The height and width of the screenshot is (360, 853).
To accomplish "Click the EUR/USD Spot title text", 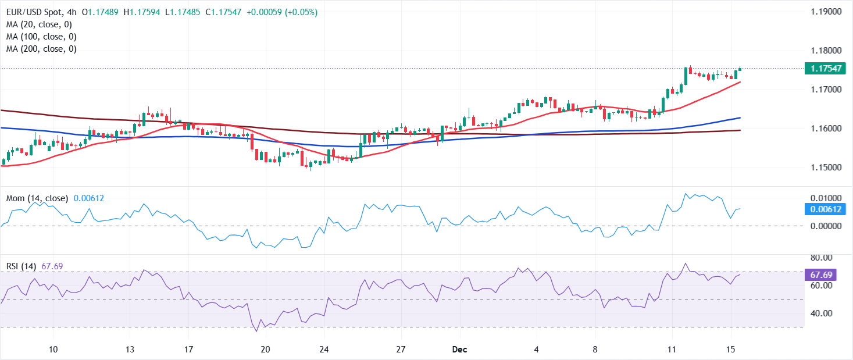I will point(30,12).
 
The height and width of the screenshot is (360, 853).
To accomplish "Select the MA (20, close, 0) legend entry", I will point(40,24).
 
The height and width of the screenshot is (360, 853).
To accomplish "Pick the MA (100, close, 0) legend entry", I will point(42,37).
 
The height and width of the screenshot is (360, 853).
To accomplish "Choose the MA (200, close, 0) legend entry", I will point(42,49).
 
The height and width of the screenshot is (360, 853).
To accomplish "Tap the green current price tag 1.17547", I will point(823,69).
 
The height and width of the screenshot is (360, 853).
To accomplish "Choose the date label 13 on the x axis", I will point(130,350).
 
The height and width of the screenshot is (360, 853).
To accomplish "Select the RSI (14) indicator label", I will point(21,266).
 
